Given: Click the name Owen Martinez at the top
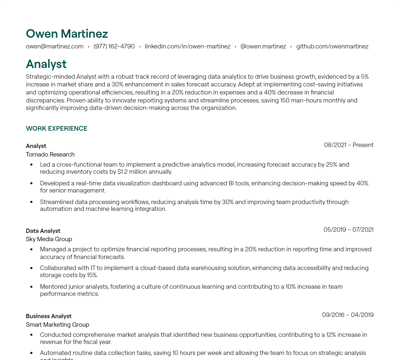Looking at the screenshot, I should coord(67,34).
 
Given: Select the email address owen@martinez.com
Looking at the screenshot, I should coord(55,46).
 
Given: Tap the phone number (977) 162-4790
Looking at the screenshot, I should coord(114,46).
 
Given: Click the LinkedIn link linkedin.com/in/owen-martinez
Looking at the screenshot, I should coord(187,46).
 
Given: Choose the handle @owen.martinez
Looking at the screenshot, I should coord(263,46).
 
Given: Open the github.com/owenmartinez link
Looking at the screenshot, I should coord(332,46).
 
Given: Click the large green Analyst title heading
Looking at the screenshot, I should coord(46,64).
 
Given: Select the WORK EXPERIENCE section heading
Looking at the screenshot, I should coord(57,128).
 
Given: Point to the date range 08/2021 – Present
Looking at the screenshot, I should coord(349,145).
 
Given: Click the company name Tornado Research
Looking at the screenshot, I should coord(50,154).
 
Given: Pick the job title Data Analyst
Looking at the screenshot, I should coord(43,231).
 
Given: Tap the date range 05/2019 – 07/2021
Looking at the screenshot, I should coord(348,230).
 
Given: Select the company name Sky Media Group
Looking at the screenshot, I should coord(49,239).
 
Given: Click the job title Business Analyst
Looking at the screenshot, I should coord(48,316).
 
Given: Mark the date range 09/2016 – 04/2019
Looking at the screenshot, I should coord(348,315).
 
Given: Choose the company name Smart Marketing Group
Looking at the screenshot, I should coord(57,325).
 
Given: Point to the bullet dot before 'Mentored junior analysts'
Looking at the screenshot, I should coord(32,287).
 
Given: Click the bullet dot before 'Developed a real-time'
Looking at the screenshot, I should coord(32,184).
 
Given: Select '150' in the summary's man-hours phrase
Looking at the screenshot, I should coord(285,100).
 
